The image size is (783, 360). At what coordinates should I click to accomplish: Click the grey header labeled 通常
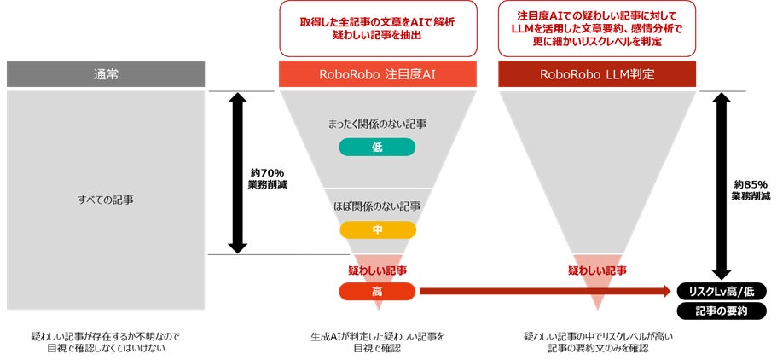click(x=106, y=74)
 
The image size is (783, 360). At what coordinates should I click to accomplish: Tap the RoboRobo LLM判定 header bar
click(x=596, y=74)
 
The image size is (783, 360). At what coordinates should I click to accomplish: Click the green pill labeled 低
click(x=377, y=147)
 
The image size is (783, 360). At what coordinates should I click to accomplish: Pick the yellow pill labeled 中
click(x=377, y=229)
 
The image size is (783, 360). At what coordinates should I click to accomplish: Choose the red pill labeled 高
click(x=377, y=292)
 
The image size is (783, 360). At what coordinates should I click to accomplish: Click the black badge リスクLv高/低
click(x=722, y=291)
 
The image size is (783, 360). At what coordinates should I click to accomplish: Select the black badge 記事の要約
click(x=722, y=311)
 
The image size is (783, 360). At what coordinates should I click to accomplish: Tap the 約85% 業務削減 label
click(x=751, y=189)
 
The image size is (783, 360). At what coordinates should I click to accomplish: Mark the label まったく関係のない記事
click(x=377, y=125)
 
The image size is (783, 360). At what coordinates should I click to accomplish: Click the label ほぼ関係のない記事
click(x=377, y=206)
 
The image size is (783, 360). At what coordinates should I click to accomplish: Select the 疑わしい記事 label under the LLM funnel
click(x=597, y=270)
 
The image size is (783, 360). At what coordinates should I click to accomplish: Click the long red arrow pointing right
click(x=546, y=292)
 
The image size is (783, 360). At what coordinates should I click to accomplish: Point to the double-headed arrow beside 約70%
click(x=238, y=172)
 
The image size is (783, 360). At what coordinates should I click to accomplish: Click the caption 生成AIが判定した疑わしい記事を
click(x=377, y=336)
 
